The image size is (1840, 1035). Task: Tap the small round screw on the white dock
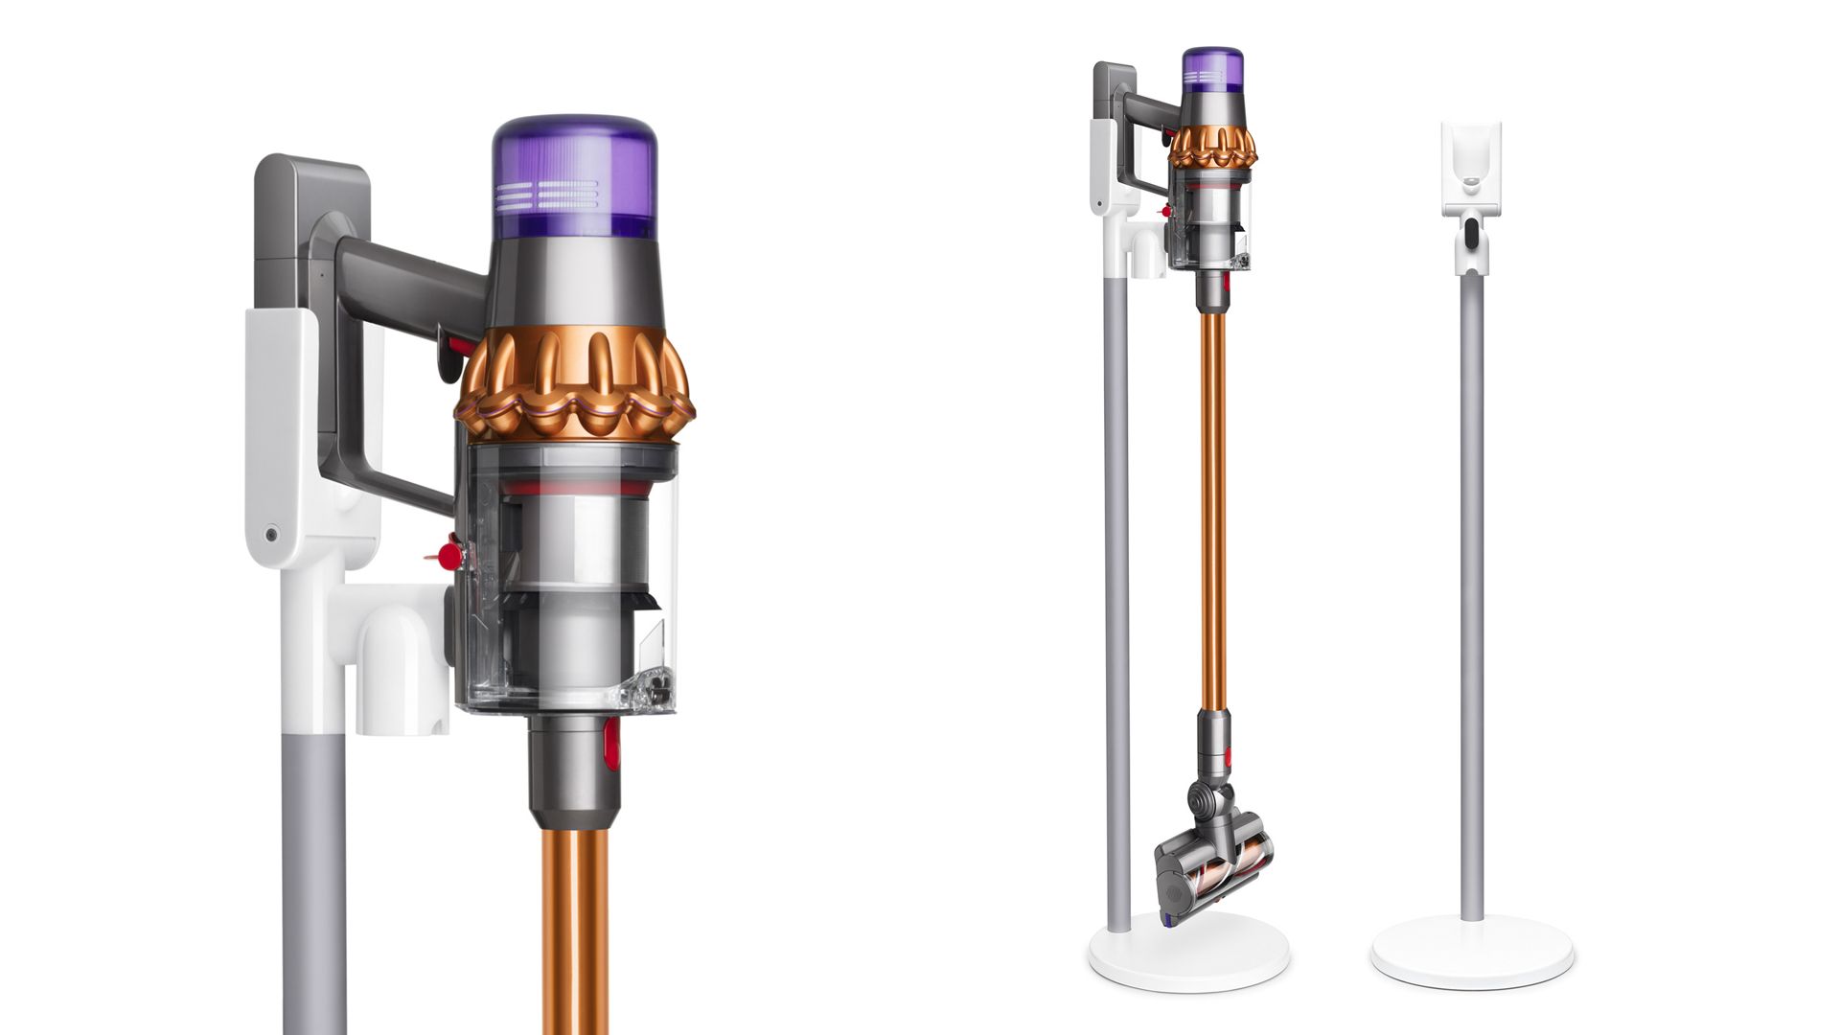272,534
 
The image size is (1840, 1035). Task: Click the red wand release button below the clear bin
611,745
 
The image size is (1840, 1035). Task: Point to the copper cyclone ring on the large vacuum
575,383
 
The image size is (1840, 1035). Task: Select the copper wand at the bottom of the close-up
574,930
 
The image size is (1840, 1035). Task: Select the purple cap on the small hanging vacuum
1212,70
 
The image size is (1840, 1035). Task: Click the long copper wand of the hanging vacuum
1212,508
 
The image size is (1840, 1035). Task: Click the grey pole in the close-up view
313,862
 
